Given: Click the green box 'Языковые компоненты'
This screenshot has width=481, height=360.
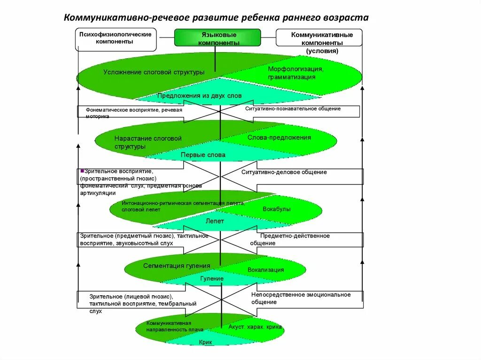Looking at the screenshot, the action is click(217, 38).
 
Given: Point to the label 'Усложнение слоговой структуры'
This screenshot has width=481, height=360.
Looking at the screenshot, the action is click(154, 72).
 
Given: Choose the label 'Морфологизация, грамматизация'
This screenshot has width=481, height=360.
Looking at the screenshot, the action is click(295, 73).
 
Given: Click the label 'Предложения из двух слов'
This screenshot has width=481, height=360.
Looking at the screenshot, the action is click(200, 96).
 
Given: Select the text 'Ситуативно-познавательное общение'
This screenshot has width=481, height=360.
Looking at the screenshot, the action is click(293, 109).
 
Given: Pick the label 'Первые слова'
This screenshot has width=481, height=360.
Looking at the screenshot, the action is click(203, 155).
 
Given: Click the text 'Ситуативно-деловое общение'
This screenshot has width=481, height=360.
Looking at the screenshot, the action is click(284, 172).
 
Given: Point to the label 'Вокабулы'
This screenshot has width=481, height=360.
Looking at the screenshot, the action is click(277, 209).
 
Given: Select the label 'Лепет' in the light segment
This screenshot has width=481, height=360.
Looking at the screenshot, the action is click(215, 221).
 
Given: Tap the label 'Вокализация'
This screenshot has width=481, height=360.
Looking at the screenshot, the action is click(266, 270).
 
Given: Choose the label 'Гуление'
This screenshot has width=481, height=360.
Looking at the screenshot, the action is click(212, 279).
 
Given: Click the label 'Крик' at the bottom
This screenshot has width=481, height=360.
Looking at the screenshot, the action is click(206, 343).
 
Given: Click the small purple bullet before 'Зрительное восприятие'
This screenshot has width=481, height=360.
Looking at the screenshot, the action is click(82, 171).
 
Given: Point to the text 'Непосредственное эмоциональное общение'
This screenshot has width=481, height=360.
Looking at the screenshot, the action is click(301, 299).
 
